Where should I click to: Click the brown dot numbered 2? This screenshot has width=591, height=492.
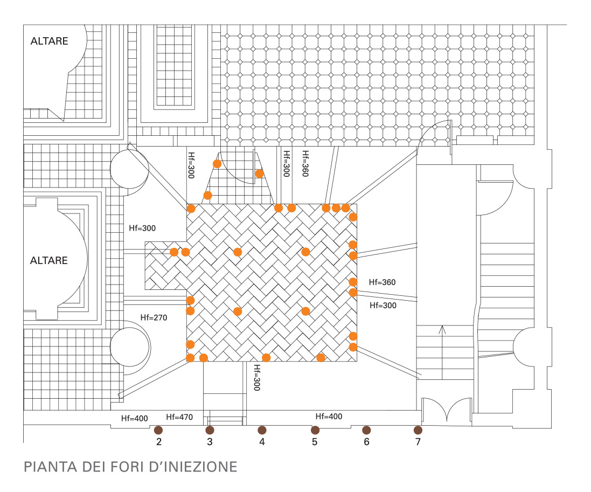(158, 429)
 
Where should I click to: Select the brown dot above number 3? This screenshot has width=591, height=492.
(210, 429)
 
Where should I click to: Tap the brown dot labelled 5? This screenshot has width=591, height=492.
(315, 429)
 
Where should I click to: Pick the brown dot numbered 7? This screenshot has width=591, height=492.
(418, 429)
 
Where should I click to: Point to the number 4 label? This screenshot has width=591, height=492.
(262, 442)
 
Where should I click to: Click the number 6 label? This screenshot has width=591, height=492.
(366, 442)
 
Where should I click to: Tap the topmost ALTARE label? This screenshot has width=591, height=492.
(49, 41)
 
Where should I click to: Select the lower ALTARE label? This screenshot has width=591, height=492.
(49, 261)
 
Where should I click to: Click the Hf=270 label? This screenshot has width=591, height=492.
(154, 318)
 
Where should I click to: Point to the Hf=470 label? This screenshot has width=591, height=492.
(179, 417)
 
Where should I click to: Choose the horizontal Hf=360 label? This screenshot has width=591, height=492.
(383, 282)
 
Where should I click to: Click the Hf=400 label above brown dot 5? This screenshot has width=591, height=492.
(329, 417)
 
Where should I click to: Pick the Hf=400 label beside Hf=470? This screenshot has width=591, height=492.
(134, 418)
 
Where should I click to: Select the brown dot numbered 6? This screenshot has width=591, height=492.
(366, 429)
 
